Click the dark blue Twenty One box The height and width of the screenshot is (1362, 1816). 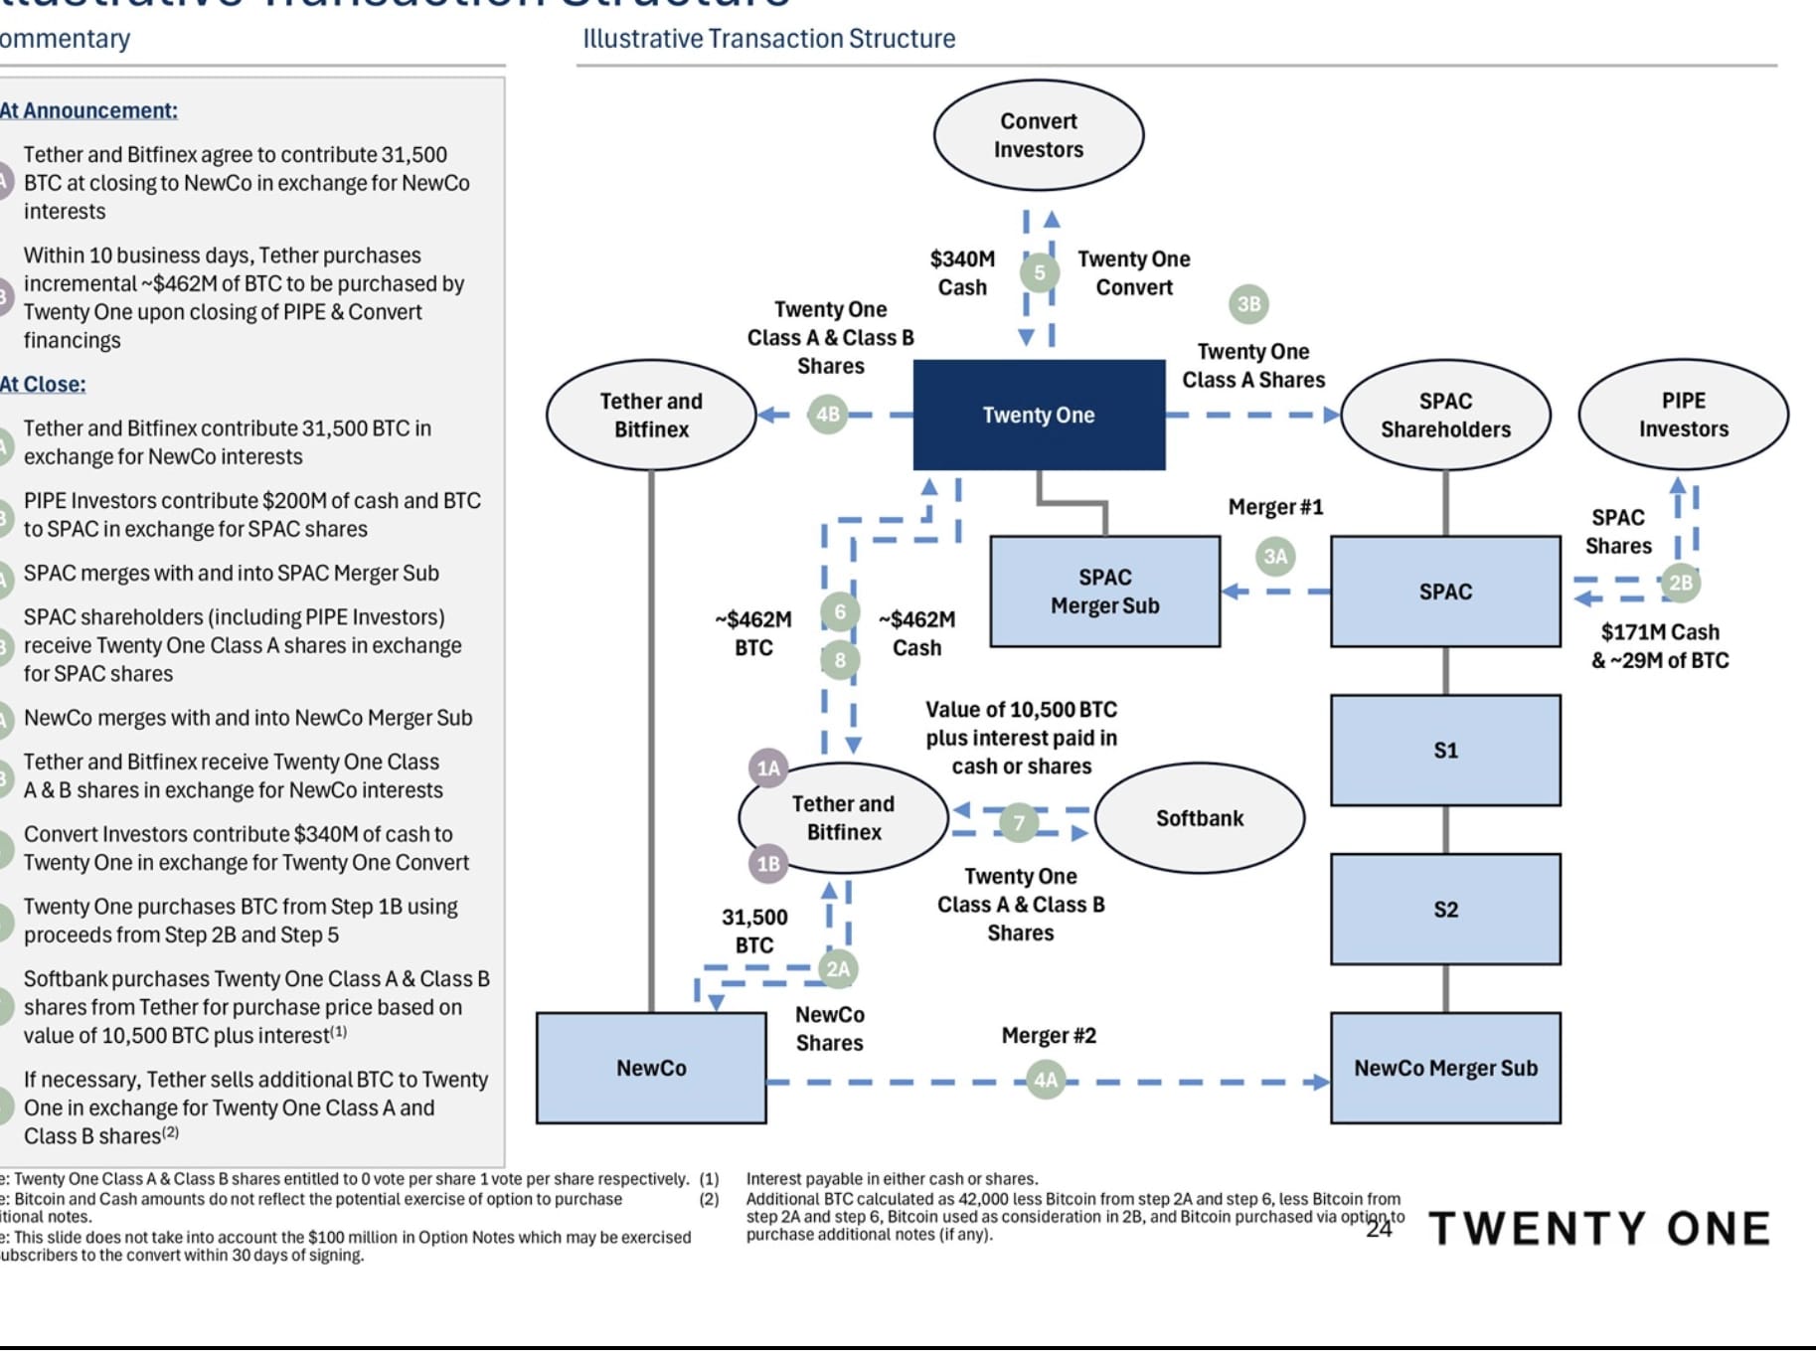click(1039, 415)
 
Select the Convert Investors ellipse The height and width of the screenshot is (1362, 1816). click(1039, 135)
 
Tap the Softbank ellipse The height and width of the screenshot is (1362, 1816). click(1200, 818)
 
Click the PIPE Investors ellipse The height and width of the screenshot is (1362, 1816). click(1683, 415)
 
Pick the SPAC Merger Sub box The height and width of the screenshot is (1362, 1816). click(1104, 592)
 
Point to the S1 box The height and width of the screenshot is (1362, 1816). click(1445, 751)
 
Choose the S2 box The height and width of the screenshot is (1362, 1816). click(1445, 910)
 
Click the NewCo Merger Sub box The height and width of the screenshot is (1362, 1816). click(1445, 1068)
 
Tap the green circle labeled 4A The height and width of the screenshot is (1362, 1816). click(1046, 1081)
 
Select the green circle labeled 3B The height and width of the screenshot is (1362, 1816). click(1248, 304)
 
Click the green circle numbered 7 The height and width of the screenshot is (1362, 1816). click(1019, 822)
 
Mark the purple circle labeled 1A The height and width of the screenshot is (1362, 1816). click(768, 768)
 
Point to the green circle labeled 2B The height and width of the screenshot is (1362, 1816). click(1680, 583)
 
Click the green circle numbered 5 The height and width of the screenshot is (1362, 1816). click(1040, 272)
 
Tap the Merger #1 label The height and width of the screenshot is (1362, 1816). click(1275, 507)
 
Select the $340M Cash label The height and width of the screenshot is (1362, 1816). click(962, 273)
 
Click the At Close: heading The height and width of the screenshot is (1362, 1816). click(44, 385)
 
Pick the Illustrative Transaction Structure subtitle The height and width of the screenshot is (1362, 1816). click(768, 39)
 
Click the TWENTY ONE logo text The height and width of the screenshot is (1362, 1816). click(1599, 1229)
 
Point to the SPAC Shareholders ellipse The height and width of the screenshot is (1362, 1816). click(1445, 415)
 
